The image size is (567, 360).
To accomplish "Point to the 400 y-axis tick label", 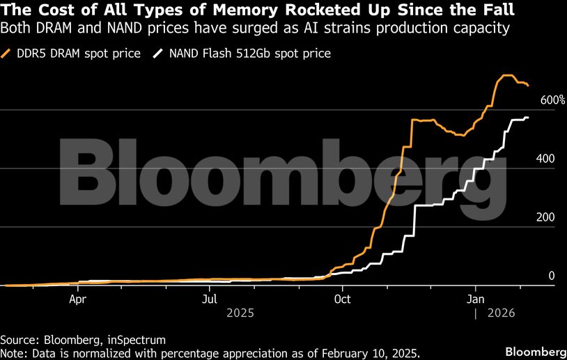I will click(x=545, y=159).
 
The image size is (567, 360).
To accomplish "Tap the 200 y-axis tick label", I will click(x=545, y=218).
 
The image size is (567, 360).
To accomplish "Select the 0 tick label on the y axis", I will click(x=551, y=276).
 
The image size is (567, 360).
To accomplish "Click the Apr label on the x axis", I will click(x=78, y=299).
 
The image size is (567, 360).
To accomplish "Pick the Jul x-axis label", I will click(x=210, y=299).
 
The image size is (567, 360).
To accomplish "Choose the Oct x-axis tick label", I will click(x=342, y=299).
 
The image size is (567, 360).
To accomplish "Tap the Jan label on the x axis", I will click(x=475, y=299).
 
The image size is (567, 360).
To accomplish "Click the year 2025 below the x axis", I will click(x=240, y=314).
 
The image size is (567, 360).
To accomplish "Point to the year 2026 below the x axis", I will click(x=501, y=314).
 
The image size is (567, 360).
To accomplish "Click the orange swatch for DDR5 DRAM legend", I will click(x=8, y=54).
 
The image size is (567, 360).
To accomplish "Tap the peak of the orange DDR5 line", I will click(x=508, y=75).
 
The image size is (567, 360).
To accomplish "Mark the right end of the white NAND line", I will click(x=527, y=118).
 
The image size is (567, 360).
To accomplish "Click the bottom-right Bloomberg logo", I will click(x=534, y=349).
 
